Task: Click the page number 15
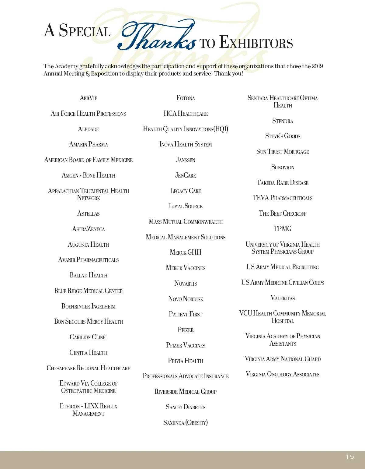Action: point(350,457)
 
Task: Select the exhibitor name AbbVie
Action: point(89,98)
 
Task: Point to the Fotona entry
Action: point(186,98)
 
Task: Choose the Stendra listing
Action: point(283,121)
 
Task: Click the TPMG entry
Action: point(283,229)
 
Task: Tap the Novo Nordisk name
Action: point(186,299)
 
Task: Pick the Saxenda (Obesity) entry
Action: point(186,422)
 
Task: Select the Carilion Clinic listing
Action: point(89,337)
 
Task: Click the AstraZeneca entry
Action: point(89,229)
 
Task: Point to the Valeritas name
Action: point(283,298)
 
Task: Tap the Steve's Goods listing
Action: point(283,136)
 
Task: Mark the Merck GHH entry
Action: point(186,252)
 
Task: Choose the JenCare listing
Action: point(186,175)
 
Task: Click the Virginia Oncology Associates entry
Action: point(283,374)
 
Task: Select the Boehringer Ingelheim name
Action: point(89,306)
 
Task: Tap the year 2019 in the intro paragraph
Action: point(317,66)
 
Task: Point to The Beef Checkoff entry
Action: point(283,213)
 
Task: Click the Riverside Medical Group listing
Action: point(186,392)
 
